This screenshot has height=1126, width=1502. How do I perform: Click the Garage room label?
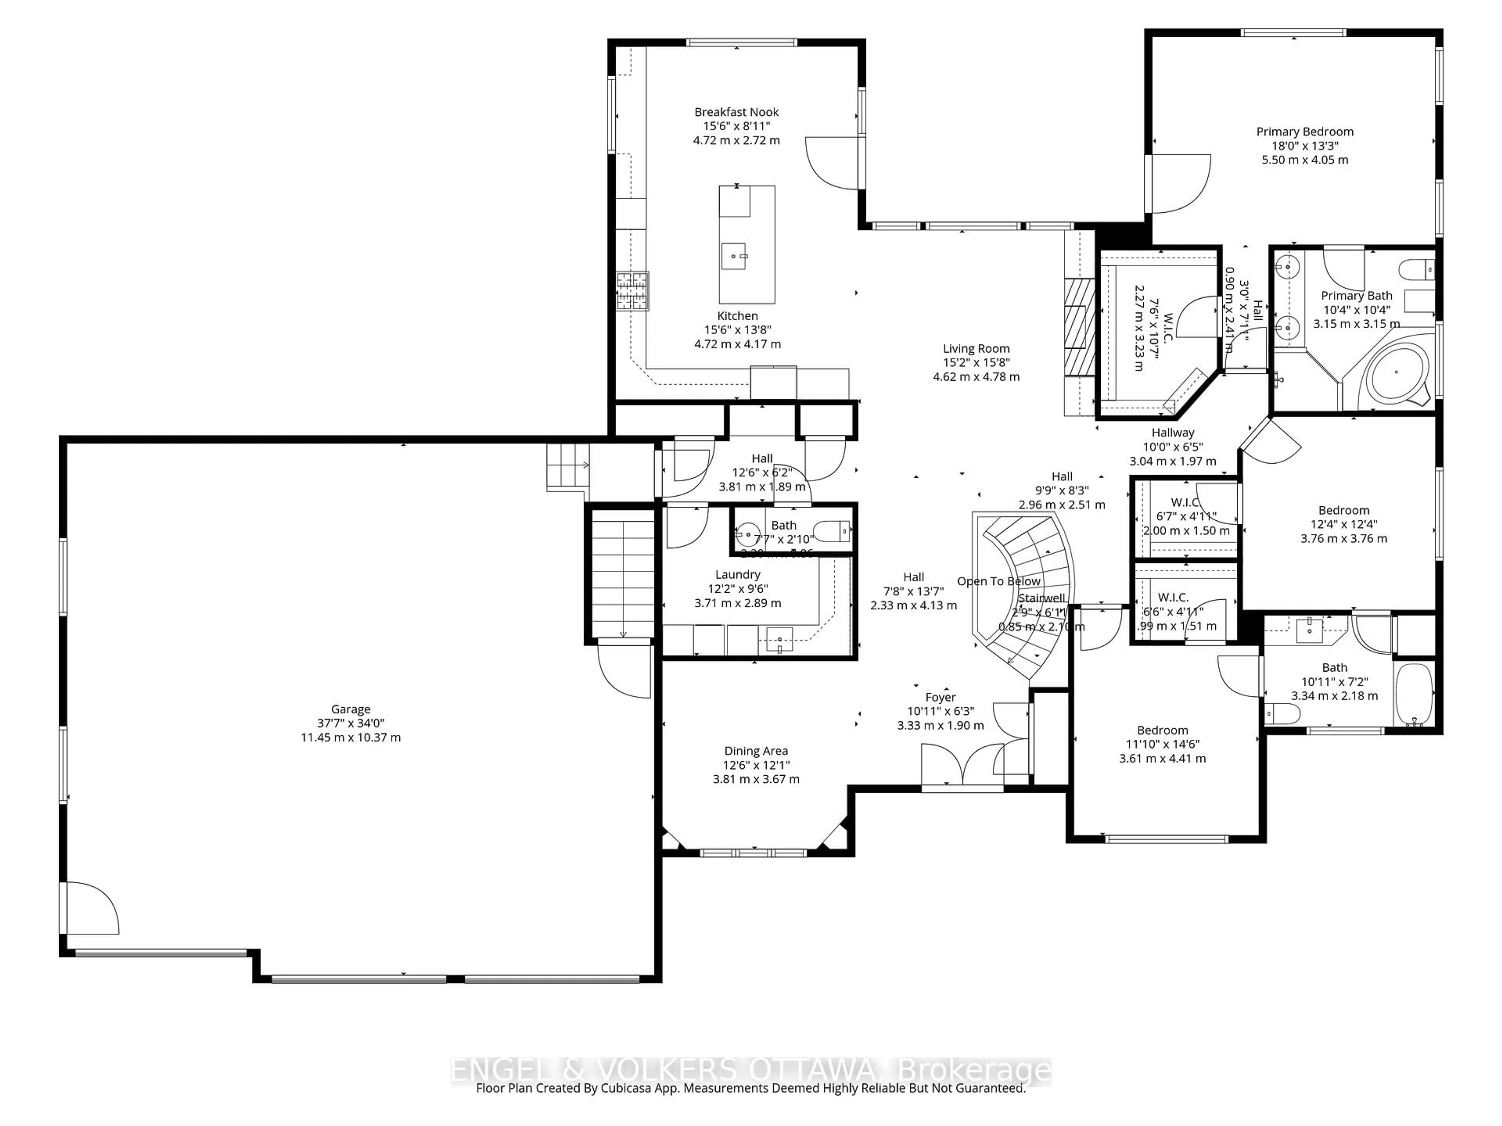pyautogui.click(x=350, y=708)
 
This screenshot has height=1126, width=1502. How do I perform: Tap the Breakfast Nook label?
pyautogui.click(x=736, y=112)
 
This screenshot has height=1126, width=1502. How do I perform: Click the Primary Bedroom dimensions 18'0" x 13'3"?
pyautogui.click(x=1304, y=146)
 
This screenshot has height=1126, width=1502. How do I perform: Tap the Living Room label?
pyautogui.click(x=976, y=349)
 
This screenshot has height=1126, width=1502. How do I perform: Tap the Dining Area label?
pyautogui.click(x=756, y=751)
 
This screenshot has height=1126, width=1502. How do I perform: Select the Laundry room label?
pyautogui.click(x=737, y=574)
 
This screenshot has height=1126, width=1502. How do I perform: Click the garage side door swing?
pyautogui.click(x=91, y=908)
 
